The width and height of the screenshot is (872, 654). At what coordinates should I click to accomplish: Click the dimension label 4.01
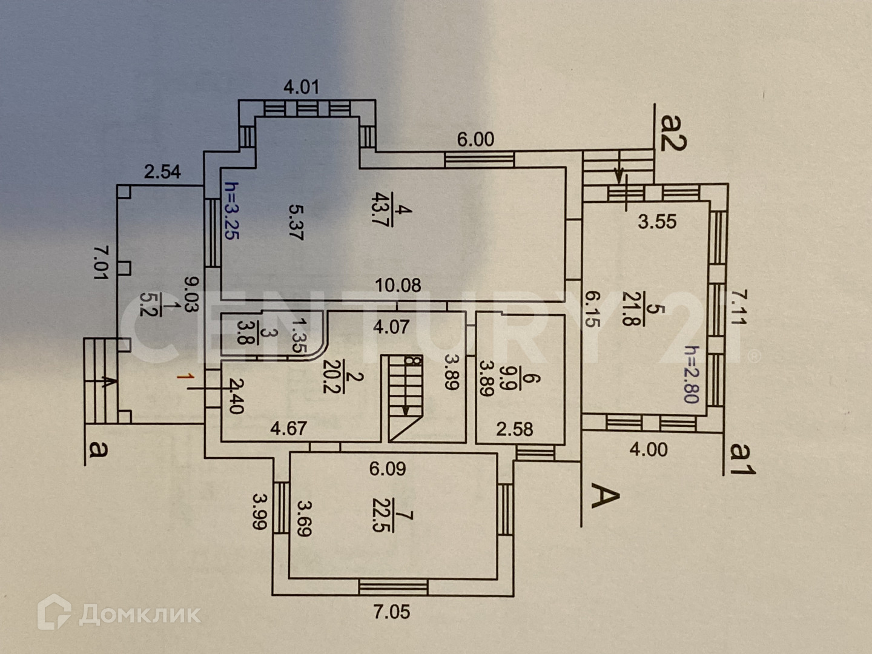click(301, 87)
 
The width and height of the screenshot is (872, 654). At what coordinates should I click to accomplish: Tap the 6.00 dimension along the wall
click(475, 140)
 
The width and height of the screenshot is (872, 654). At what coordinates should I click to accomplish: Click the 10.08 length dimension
click(398, 285)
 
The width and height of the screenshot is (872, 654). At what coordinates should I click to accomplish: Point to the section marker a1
click(742, 458)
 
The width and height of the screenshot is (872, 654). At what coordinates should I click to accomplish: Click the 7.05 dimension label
click(392, 612)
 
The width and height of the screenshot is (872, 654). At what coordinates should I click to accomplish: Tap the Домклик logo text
click(140, 615)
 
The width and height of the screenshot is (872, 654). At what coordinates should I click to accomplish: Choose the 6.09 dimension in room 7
click(388, 468)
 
